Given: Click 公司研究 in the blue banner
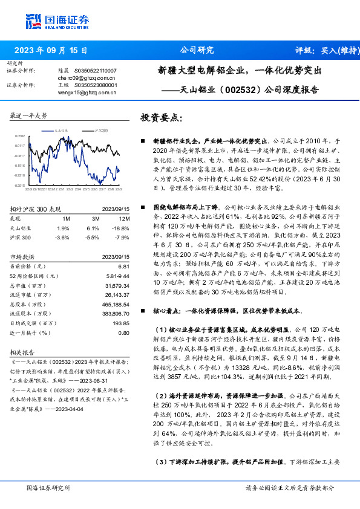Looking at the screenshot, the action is tap(197, 51).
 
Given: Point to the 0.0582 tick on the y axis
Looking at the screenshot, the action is tap(19, 137).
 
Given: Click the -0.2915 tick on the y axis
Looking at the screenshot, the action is tap(19, 185).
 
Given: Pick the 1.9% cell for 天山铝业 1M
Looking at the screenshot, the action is tap(64, 228).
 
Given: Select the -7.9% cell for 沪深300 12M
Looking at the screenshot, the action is tap(122, 237).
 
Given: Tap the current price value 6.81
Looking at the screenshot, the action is tap(125, 267).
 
